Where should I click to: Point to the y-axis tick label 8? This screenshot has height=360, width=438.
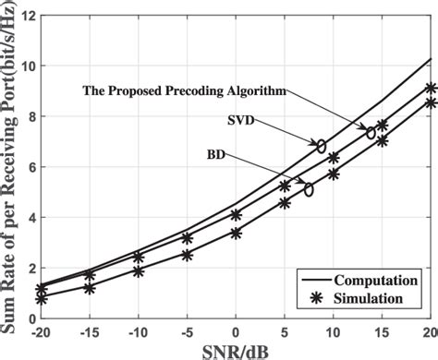28,117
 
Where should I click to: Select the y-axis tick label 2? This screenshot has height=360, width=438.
28,268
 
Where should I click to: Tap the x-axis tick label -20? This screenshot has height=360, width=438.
40,331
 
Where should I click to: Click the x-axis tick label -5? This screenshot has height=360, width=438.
187,331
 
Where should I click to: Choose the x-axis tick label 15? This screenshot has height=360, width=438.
383,331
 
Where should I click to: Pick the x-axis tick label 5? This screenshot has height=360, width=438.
285,331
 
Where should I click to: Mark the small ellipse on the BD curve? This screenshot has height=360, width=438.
309,189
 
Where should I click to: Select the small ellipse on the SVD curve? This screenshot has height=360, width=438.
321,146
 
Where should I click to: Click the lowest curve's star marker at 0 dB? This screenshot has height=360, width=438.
236,234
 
